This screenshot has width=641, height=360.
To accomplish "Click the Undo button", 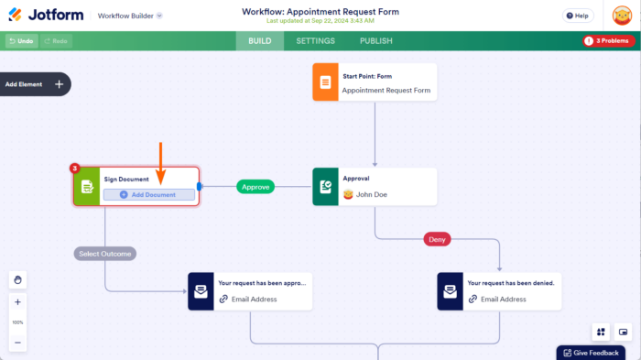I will (20, 41).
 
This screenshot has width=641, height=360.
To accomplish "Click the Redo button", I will (55, 41).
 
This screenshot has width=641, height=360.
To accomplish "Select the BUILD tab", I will (259, 41).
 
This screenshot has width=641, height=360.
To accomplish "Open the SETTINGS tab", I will (315, 41).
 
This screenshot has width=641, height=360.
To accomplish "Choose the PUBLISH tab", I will (375, 41).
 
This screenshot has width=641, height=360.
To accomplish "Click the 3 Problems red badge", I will (608, 41).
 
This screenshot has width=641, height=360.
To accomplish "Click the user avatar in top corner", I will (622, 16).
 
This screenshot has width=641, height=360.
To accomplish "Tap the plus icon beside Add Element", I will (60, 84).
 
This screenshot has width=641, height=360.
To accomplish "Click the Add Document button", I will (148, 195).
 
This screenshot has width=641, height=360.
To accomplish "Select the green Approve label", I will (255, 187).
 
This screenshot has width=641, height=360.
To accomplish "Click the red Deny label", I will (437, 239).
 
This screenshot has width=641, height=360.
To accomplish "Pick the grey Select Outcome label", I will (104, 254).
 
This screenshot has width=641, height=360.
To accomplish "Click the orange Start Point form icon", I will (324, 82).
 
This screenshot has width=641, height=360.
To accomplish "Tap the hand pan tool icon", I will (17, 279).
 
